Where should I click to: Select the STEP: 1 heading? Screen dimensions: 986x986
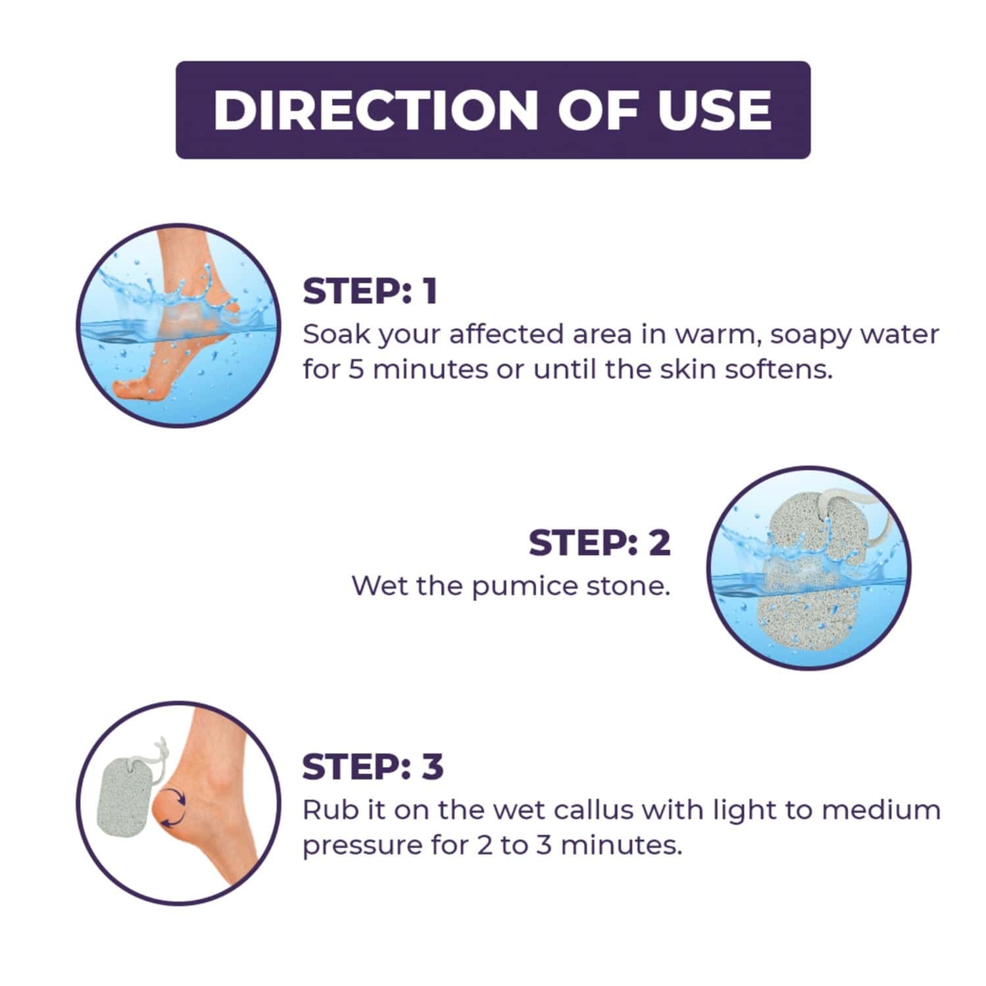point(370,291)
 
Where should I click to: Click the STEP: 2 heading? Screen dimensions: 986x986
point(600,543)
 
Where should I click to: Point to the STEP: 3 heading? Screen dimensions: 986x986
point(373,767)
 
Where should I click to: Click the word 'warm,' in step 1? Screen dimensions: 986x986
point(714,335)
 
